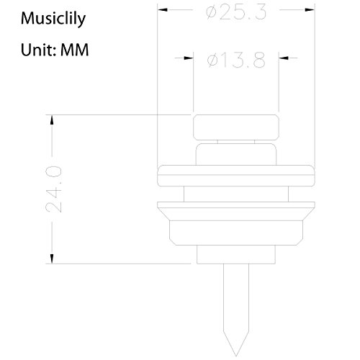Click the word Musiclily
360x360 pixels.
click(53, 19)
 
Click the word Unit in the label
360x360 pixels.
click(37, 50)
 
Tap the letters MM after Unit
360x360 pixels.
click(74, 50)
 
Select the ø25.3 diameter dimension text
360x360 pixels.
click(236, 12)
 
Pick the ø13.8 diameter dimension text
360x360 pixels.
click(236, 60)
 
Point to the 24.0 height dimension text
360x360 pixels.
click(53, 189)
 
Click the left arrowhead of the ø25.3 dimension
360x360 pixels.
click(162, 9)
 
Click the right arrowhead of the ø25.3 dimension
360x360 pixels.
click(310, 9)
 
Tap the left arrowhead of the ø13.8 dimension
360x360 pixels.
click(189, 58)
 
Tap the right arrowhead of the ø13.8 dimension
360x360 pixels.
click(284, 58)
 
